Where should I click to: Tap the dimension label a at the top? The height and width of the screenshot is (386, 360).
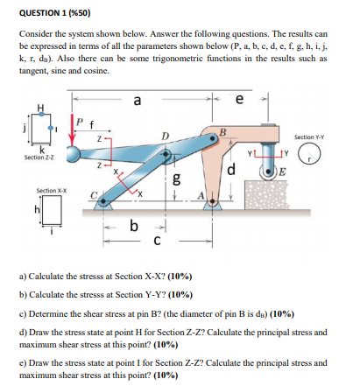pos(137,101)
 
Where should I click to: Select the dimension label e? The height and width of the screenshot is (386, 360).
pos(239,100)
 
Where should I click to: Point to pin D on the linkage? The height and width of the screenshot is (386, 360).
pos(166,153)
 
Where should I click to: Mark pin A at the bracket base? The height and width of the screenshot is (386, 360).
pos(213,201)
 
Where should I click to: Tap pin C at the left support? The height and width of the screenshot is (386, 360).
pos(103,201)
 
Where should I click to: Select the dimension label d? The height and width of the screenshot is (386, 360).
pos(230,170)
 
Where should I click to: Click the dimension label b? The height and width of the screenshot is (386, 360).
pos(133,226)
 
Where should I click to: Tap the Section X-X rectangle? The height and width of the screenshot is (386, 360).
pos(52,209)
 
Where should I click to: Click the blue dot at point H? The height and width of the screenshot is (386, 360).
pos(42,115)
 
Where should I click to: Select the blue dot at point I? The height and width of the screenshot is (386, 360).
pos(51,129)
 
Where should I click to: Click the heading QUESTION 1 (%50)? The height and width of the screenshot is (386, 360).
pos(54,13)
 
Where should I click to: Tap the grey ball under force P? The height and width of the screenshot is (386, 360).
pos(74,153)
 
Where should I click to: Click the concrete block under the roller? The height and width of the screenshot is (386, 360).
pos(267,194)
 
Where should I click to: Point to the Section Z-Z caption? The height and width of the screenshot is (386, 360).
pos(39,158)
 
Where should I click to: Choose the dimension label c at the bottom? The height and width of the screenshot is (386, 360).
pos(157,241)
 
